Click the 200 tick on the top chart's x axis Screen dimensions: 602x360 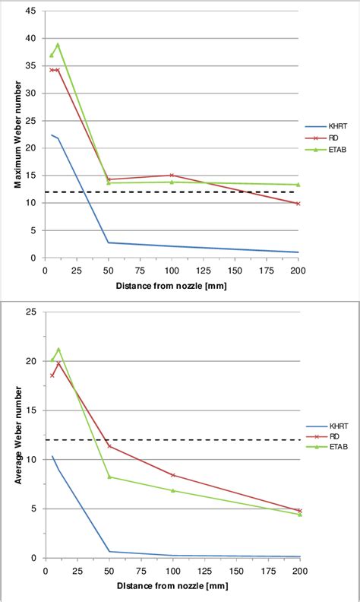click(x=298, y=269)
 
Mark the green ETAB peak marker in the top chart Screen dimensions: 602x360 click(x=58, y=45)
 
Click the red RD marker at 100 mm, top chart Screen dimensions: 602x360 click(x=172, y=176)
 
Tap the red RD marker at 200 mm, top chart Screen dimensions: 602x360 click(x=298, y=204)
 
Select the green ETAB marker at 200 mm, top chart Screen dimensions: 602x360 click(x=298, y=185)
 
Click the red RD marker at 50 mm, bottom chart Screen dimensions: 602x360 click(x=109, y=445)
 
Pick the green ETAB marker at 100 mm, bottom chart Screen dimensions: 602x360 click(x=172, y=490)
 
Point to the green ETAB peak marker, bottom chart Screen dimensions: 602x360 click(x=58, y=350)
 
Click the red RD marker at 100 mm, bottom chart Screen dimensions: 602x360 click(x=172, y=475)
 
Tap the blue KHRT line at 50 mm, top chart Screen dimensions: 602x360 click(x=109, y=242)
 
